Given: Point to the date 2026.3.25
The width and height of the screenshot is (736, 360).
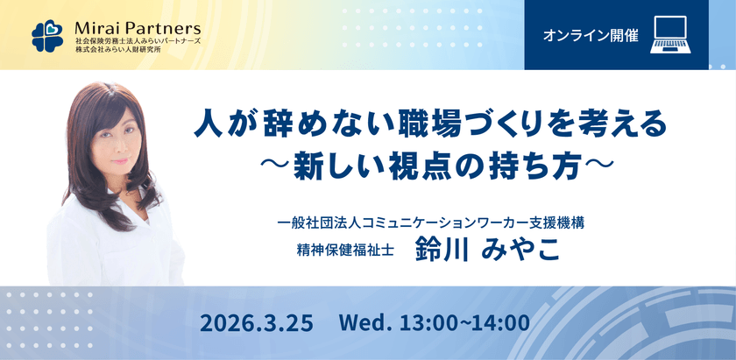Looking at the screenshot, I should click(x=257, y=322).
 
